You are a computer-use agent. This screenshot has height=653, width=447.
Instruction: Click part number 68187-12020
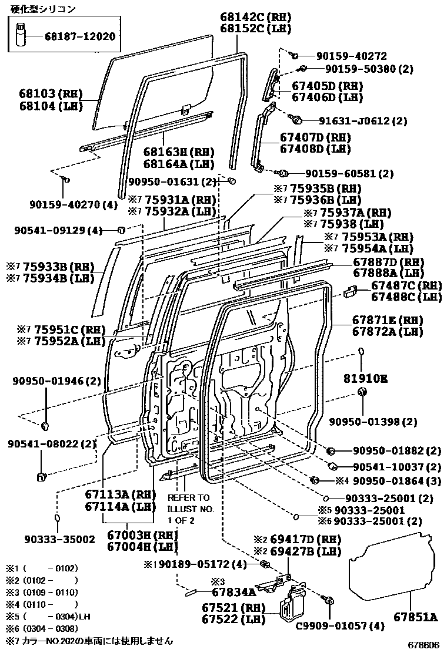80,36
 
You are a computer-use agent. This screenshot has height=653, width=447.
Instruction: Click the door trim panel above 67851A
391,564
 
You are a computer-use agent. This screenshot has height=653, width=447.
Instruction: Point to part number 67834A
233,593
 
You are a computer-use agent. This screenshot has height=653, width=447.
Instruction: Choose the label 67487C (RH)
406,285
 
